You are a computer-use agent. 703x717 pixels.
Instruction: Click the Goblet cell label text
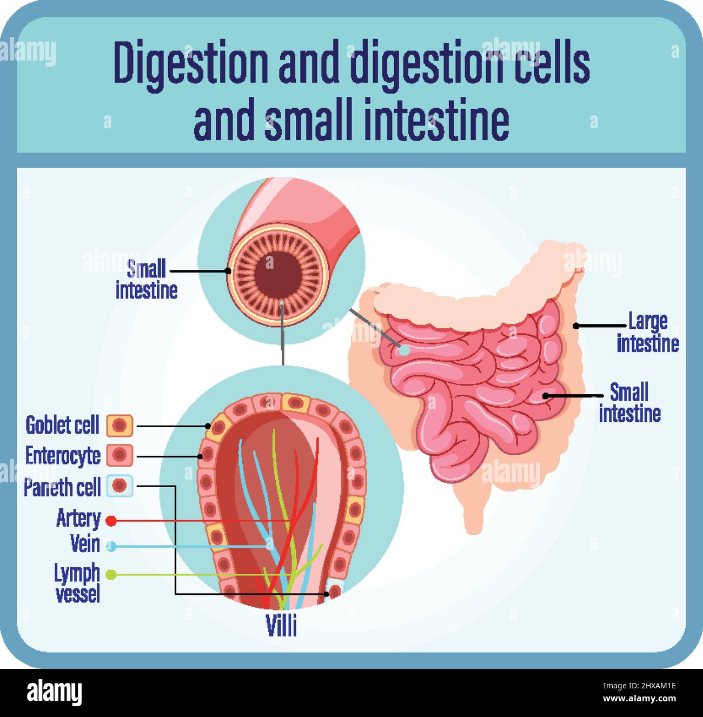click(62, 426)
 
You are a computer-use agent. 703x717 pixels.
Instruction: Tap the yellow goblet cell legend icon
click(120, 426)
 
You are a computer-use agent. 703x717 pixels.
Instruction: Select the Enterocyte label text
click(63, 456)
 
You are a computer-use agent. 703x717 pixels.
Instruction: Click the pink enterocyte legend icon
click(120, 455)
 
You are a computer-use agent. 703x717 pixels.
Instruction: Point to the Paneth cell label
click(62, 487)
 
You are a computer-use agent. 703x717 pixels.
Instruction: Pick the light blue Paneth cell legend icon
click(120, 486)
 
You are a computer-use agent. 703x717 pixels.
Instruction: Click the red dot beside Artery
click(111, 521)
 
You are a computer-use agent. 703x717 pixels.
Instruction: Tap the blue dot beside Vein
click(111, 546)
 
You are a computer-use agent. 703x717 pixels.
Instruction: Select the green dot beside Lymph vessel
click(111, 574)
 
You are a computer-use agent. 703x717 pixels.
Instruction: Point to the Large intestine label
click(648, 333)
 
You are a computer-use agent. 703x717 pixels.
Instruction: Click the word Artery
click(78, 519)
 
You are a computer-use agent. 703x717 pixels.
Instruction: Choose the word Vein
click(85, 543)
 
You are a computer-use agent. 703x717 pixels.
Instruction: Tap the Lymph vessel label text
click(77, 582)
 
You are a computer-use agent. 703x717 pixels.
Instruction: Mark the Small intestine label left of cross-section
click(147, 280)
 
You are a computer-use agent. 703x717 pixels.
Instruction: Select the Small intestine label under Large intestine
click(629, 403)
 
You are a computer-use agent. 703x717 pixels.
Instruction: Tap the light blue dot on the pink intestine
click(404, 350)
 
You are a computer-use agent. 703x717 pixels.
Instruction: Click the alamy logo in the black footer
click(55, 693)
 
